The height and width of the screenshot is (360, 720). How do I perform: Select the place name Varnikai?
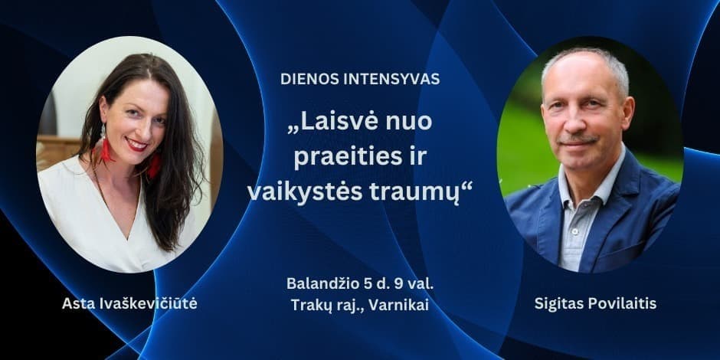click(402, 304)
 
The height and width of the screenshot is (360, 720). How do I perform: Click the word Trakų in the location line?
click(310, 304)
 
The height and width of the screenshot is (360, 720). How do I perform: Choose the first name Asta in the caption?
click(77, 304)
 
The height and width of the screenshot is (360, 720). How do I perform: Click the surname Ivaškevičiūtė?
click(146, 304)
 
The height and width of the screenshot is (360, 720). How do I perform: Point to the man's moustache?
click(580, 140)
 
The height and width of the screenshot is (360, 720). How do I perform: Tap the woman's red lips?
click(137, 144)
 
